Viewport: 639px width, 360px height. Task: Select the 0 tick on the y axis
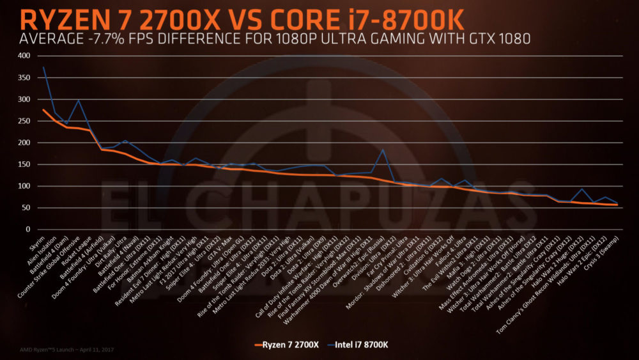(x=27, y=230)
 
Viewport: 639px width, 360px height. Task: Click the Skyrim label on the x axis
(x=37, y=244)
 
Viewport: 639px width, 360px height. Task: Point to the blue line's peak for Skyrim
(x=43, y=67)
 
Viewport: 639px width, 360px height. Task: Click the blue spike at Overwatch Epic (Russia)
(x=383, y=150)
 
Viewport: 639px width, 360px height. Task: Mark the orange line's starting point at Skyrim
(x=43, y=110)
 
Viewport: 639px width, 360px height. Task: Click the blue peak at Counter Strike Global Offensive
(x=78, y=100)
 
